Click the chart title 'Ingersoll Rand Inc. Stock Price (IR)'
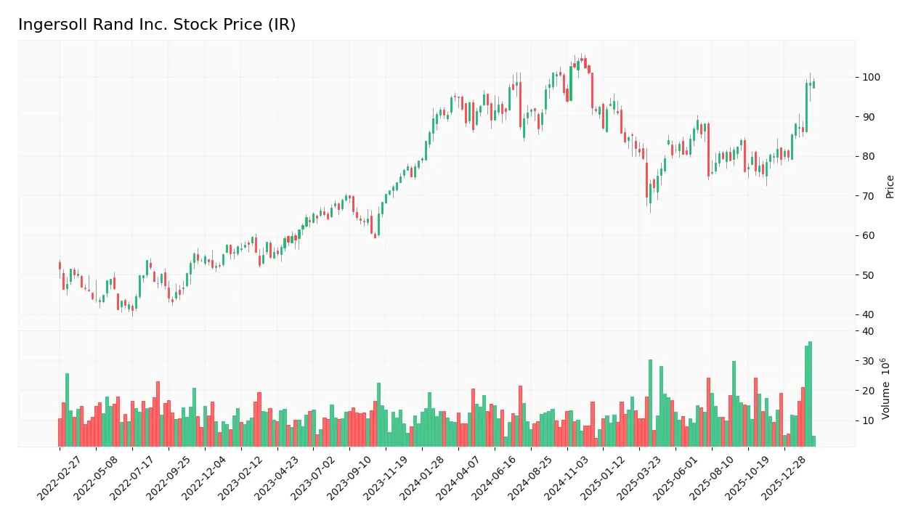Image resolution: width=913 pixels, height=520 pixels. point(157,25)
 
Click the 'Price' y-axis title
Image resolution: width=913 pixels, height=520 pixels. point(890,187)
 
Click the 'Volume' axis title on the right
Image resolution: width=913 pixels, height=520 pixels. point(886,389)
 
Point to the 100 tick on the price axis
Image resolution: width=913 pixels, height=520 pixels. point(871,78)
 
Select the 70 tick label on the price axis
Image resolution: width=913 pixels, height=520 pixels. point(868,196)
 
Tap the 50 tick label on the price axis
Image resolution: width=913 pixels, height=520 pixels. point(868,275)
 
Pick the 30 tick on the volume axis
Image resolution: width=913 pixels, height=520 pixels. point(868,361)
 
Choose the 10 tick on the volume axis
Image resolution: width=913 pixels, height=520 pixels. point(868,421)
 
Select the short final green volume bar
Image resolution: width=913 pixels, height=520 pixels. point(813,442)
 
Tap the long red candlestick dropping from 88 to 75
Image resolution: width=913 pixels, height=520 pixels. point(708,150)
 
